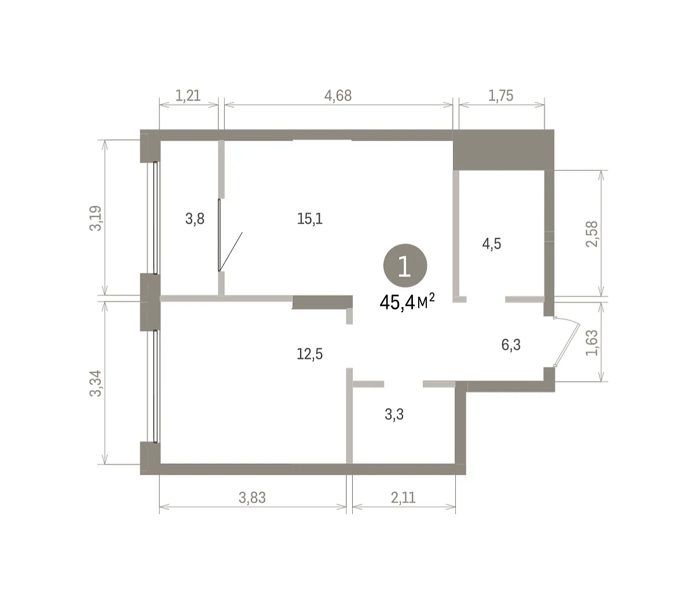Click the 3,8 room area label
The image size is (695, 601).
click(x=195, y=219)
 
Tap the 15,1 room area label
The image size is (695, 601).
click(x=310, y=219)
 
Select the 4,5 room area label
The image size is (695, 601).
click(x=492, y=244)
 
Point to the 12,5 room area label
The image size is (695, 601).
click(x=310, y=354)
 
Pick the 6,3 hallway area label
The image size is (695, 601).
click(x=511, y=345)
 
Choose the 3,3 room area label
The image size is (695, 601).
click(x=394, y=414)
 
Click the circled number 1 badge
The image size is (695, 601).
click(x=405, y=265)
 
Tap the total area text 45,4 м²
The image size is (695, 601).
click(x=407, y=302)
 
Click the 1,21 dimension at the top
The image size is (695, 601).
click(x=188, y=96)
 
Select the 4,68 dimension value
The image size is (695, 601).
click(x=338, y=96)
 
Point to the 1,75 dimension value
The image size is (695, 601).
click(x=500, y=96)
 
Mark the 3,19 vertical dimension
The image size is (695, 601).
click(x=96, y=218)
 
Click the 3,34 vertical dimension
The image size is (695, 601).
click(x=96, y=383)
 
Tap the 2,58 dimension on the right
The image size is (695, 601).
click(x=592, y=234)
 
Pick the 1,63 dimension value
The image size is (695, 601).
click(x=592, y=343)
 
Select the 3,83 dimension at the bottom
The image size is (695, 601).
click(x=252, y=498)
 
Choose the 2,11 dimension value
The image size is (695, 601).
click(x=403, y=498)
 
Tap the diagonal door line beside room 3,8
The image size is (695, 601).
click(x=231, y=252)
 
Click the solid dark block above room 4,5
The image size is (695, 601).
click(x=503, y=150)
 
